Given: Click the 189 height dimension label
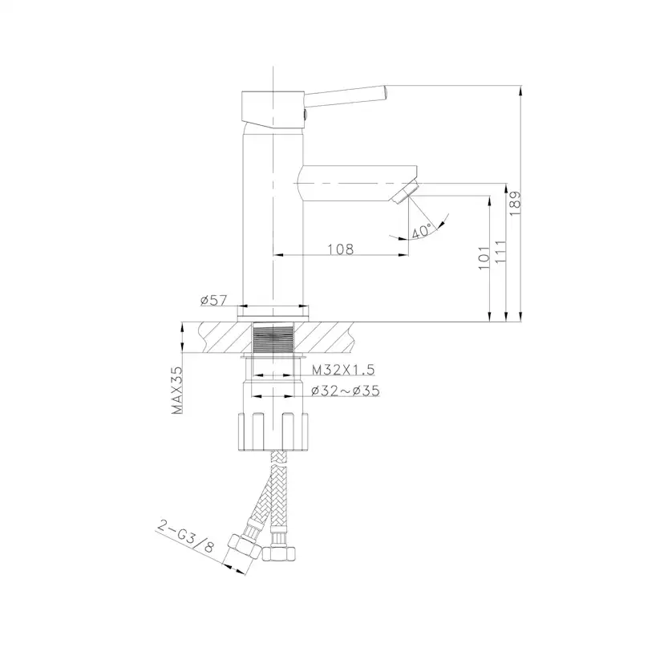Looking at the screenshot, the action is click(x=515, y=204).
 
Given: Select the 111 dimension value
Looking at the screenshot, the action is click(x=500, y=252).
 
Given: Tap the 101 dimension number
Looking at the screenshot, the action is click(x=484, y=257).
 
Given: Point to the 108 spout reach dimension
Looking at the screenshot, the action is click(x=341, y=249).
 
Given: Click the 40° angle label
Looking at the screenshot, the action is click(x=422, y=230).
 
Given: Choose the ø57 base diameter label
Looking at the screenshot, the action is click(x=214, y=300).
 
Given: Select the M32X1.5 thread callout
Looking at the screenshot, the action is click(x=343, y=370).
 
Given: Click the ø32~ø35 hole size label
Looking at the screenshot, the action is click(x=345, y=391).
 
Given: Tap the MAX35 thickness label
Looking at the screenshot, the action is click(x=177, y=390).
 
